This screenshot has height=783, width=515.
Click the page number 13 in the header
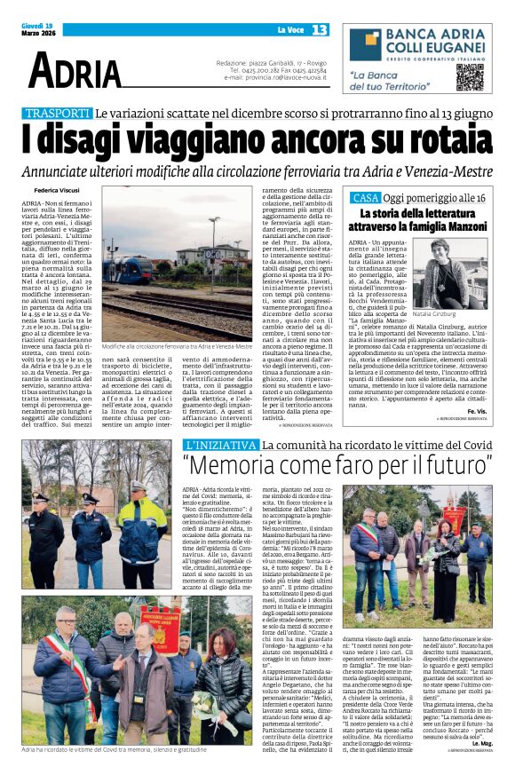[320, 31]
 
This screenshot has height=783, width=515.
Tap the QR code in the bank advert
[470, 76]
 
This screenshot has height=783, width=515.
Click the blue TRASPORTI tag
[59, 114]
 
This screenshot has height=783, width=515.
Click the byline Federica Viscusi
[55, 190]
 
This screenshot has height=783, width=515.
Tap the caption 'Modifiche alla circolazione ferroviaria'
[174, 345]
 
